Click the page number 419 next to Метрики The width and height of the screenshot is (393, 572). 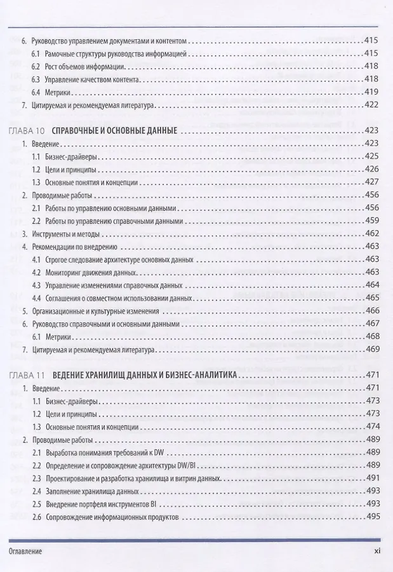click(x=371, y=92)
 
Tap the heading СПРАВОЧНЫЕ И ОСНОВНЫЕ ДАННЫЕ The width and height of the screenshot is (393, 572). click(x=114, y=130)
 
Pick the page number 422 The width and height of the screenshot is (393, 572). click(x=371, y=105)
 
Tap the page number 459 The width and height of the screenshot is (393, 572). click(x=371, y=221)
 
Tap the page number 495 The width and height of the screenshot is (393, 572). click(x=371, y=516)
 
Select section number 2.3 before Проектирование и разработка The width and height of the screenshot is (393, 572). click(x=37, y=477)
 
